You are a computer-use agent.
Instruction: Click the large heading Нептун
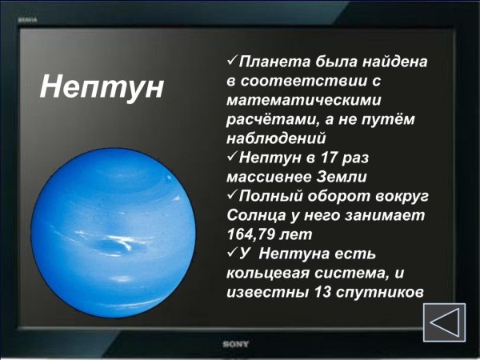[102, 86]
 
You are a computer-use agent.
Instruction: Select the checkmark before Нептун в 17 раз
[233, 157]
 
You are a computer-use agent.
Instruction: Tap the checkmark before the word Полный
[233, 195]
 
